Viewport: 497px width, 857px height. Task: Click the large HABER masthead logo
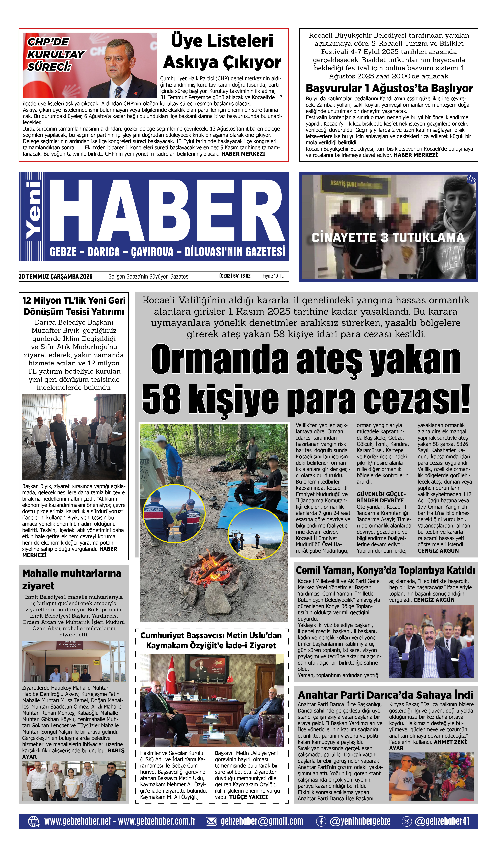167,211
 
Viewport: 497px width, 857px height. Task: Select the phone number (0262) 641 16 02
235,276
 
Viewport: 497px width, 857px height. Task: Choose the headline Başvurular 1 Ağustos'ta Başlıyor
389,88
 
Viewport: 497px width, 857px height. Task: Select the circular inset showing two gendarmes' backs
174,514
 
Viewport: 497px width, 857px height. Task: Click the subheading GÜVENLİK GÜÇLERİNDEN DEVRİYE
381,497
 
